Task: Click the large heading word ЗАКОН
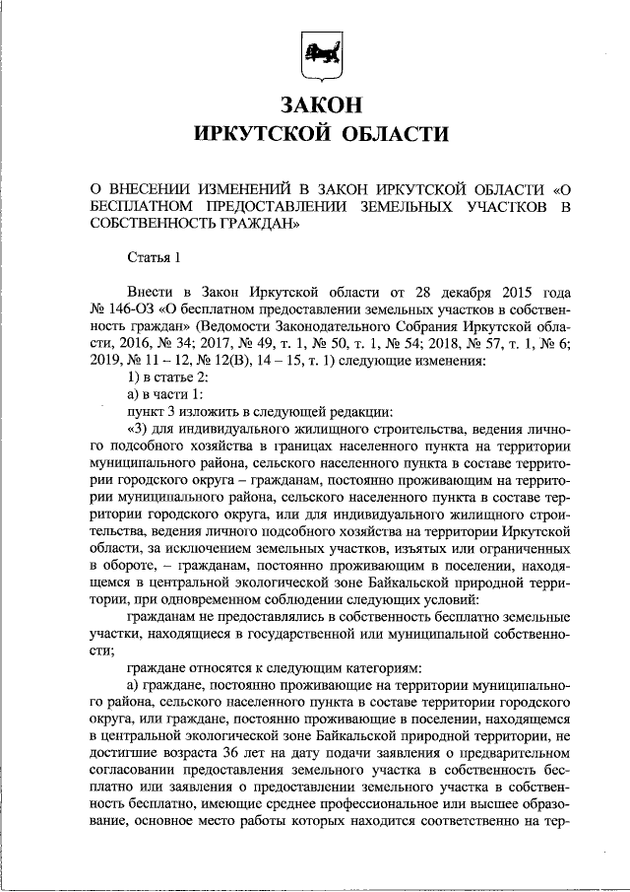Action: [315, 104]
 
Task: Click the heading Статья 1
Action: [155, 258]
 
